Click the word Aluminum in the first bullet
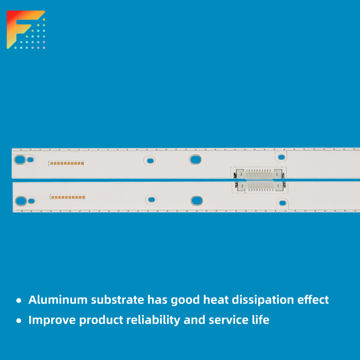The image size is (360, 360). coord(58,300)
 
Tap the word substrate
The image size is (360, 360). coord(118,300)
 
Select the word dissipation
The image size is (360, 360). coord(263,300)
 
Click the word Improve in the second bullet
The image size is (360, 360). coord(52,321)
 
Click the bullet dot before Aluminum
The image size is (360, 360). coord(19,300)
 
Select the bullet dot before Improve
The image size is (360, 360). coord(19,321)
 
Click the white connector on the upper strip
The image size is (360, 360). coord(259,174)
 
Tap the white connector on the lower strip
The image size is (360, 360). coord(260,186)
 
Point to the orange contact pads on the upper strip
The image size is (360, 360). coord(67,164)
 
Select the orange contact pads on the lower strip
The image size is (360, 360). coord(68,197)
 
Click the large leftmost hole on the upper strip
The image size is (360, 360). coord(20,159)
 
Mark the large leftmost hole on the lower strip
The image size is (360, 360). coord(21,201)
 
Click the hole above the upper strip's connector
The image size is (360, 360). coord(281,157)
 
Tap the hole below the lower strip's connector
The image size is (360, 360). coord(283,203)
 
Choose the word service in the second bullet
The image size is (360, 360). coord(228,320)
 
